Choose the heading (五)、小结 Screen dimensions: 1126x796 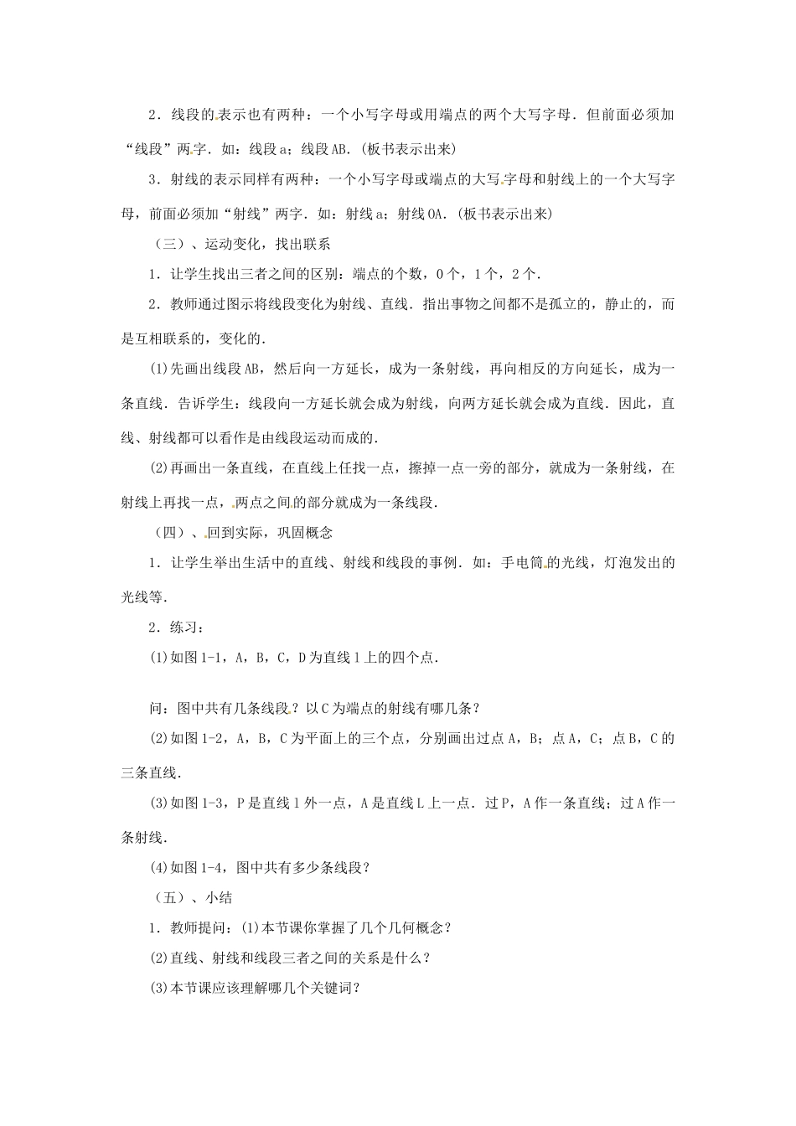(x=194, y=897)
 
